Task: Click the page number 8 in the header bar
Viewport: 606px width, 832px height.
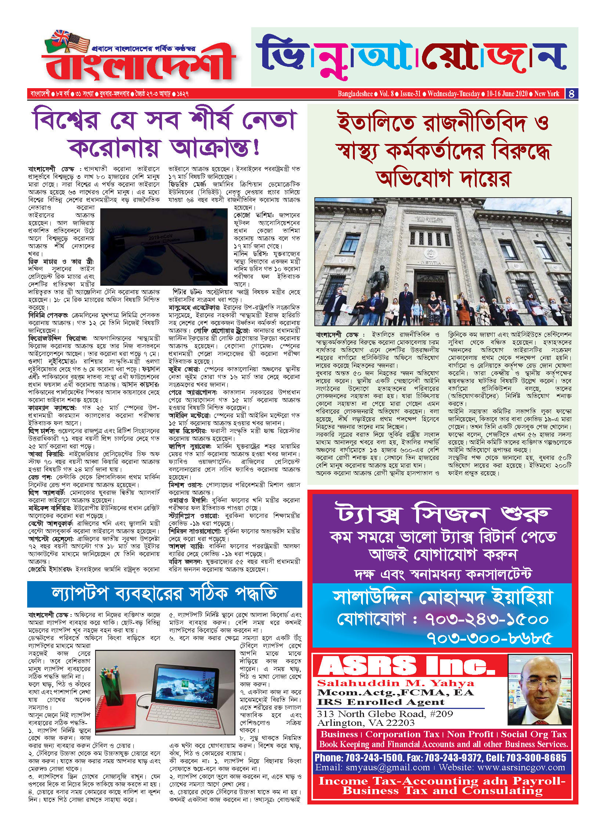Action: pos(571,94)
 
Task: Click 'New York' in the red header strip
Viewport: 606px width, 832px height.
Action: pos(547,94)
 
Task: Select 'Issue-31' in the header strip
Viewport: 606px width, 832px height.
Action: pos(410,94)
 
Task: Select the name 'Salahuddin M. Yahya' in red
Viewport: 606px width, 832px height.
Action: pos(396,684)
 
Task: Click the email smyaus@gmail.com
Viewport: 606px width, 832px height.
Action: pos(373,768)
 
